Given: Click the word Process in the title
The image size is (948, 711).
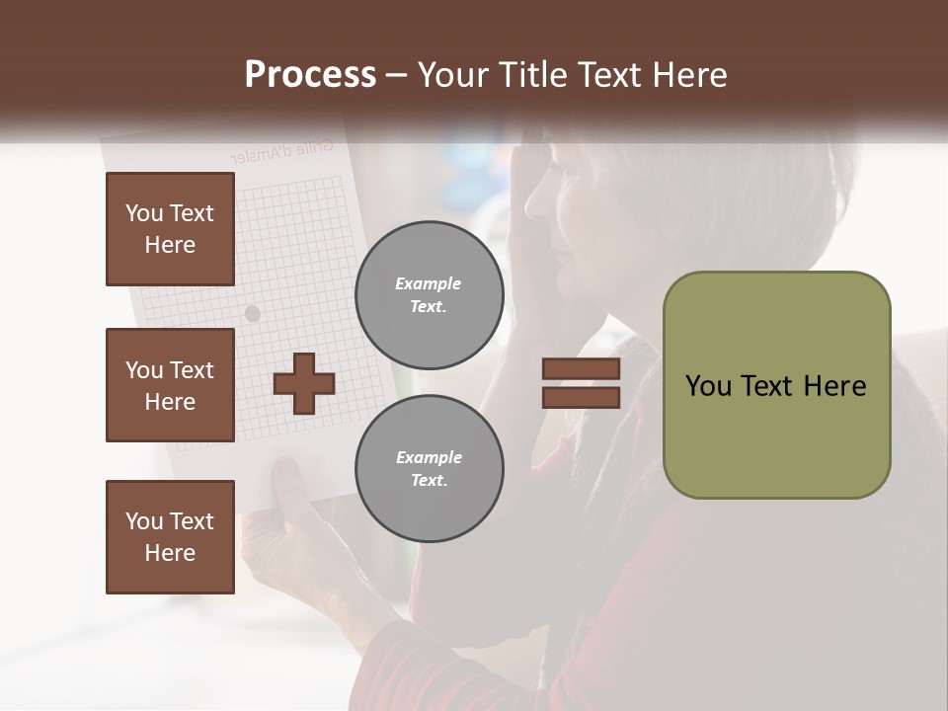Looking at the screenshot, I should click(310, 74).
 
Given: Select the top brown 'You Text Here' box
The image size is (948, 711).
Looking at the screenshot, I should click(170, 229).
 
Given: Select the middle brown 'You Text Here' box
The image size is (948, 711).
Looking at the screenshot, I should click(170, 385).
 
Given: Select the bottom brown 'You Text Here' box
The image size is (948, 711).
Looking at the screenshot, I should click(170, 537).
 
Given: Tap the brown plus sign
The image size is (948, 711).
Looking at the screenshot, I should click(304, 383).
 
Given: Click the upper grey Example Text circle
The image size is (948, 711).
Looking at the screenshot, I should click(430, 294).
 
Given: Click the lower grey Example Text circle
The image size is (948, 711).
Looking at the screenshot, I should click(430, 468).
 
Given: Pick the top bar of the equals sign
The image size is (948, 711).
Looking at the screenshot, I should click(582, 369).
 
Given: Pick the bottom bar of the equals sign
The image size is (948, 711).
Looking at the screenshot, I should click(582, 397).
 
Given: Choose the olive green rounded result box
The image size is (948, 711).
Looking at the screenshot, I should click(776, 385).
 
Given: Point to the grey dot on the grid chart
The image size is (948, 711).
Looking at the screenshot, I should click(252, 313).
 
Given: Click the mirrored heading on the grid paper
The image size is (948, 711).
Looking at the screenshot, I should click(281, 151).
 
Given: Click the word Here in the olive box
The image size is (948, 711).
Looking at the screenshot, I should click(834, 386).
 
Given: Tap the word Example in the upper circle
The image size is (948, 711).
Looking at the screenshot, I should click(429, 283).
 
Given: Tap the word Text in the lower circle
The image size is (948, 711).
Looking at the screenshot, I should click(429, 480).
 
